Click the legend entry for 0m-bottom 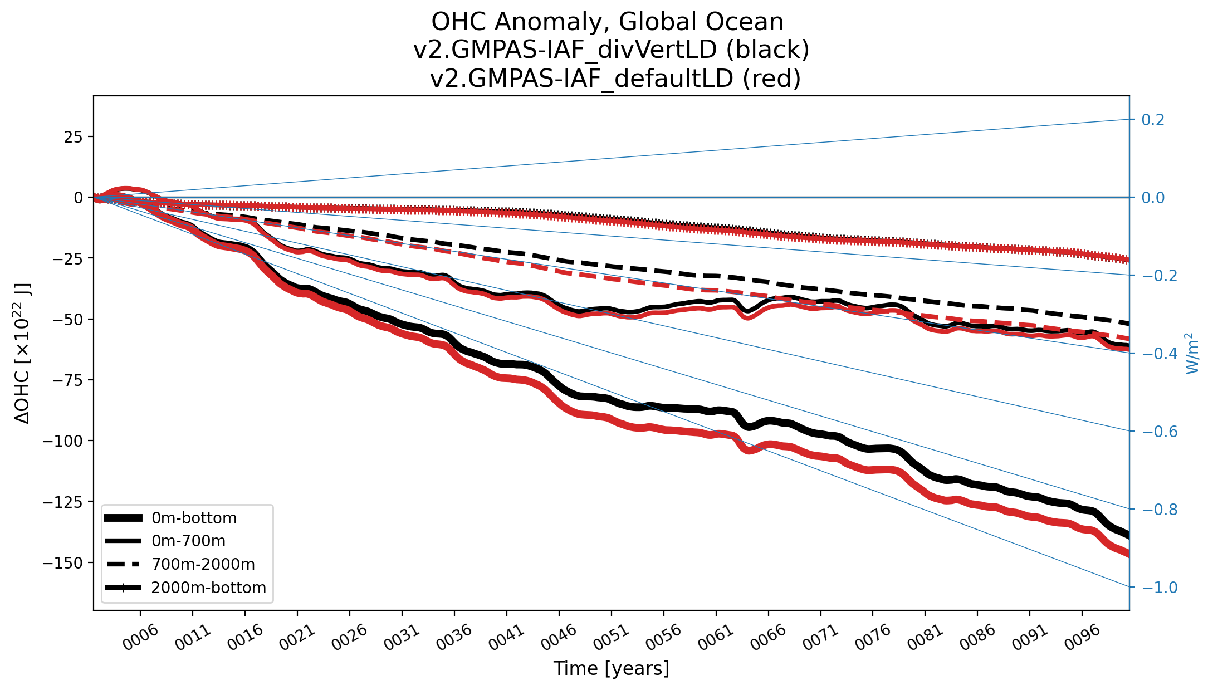point(194,518)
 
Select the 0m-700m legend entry point(188,541)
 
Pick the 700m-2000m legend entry point(203,565)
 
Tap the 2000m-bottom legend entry point(208,588)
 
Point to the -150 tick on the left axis point(62,563)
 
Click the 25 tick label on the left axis point(73,137)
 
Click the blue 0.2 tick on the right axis point(1153,120)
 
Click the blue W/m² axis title point(1192,354)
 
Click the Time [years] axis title point(611,668)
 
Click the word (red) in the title point(771,79)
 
